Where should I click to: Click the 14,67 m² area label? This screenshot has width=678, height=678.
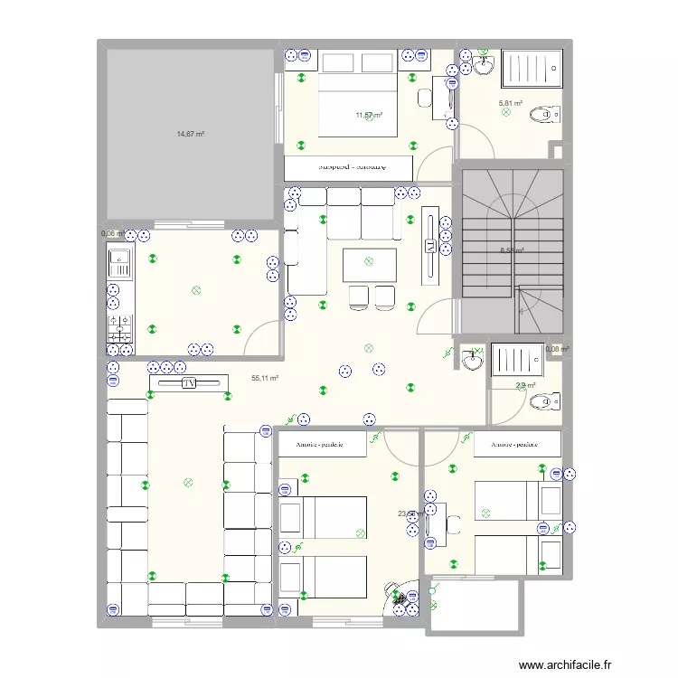[x=190, y=134]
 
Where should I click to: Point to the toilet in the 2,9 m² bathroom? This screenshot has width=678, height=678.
[x=549, y=400]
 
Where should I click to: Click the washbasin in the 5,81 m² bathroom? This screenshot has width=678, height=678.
[x=484, y=65]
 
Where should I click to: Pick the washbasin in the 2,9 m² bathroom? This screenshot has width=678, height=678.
[x=472, y=361]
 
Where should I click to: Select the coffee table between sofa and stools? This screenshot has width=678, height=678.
[x=369, y=264]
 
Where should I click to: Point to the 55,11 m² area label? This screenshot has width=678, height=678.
[x=265, y=380]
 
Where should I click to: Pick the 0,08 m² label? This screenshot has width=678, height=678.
[x=558, y=349]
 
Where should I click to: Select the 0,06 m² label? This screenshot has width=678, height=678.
[x=112, y=233]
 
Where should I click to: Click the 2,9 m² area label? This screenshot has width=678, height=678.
[x=525, y=386]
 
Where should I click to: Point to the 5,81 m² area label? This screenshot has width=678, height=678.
[x=511, y=103]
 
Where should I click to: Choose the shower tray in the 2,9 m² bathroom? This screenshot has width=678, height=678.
[x=518, y=359]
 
